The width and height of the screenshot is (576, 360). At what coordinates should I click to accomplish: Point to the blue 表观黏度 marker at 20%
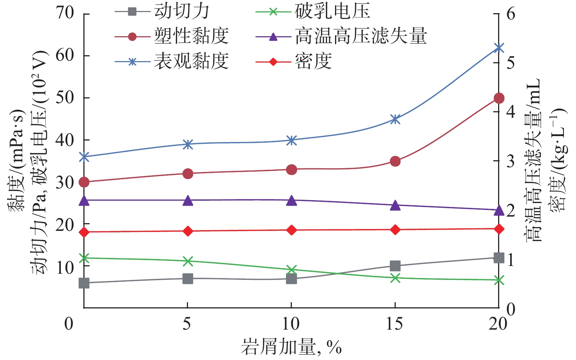coord(499,48)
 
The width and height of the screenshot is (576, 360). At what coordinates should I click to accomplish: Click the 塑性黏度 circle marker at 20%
coord(499,98)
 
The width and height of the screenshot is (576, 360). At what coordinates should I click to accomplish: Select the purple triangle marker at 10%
coord(291,200)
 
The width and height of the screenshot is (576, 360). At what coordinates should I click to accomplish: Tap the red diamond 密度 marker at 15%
coord(395,230)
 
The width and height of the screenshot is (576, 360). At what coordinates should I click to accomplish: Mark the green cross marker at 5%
coord(188,261)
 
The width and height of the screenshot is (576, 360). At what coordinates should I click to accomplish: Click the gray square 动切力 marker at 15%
coord(395,266)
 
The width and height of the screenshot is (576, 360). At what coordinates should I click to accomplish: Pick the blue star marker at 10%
coord(291,140)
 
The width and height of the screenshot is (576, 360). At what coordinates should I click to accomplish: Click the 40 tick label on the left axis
coord(64,140)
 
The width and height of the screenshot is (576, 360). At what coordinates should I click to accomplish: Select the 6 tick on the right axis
coord(511,14)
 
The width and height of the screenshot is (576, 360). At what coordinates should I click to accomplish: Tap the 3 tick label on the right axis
coord(511,161)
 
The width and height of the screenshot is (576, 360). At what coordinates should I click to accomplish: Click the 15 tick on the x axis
coord(395,324)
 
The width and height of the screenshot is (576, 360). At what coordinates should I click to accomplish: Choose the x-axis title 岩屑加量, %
coord(291,347)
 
